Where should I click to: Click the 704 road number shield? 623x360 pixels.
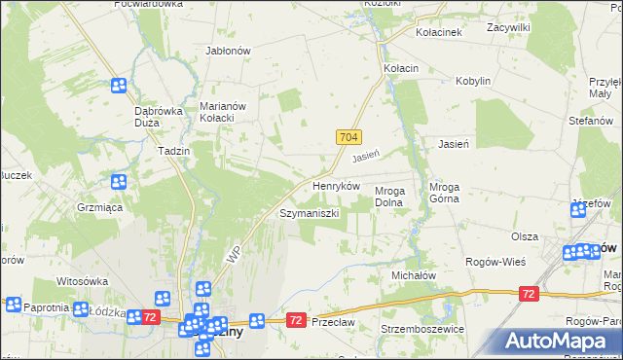[351, 138]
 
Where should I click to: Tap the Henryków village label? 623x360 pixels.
[336, 185]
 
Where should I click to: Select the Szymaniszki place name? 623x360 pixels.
[309, 212]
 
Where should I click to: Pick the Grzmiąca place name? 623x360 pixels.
[98, 207]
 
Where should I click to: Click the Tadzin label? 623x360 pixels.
[172, 152]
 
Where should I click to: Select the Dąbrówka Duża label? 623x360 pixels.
[159, 117]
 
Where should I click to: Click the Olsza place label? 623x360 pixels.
[525, 236]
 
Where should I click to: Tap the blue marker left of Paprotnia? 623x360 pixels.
[13, 305]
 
